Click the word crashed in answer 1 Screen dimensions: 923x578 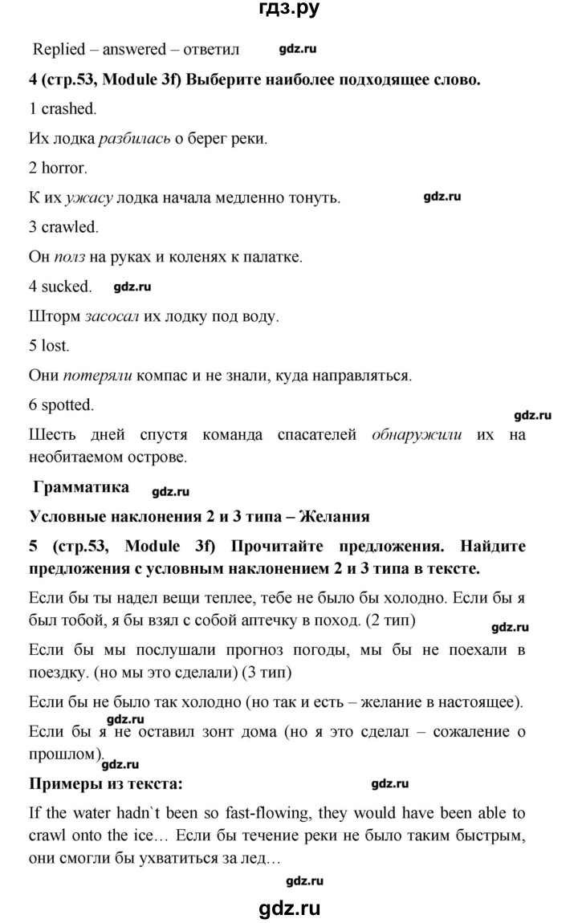pos(68,108)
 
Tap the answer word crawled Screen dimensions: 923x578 pos(68,228)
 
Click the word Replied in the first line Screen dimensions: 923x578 pos(59,50)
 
